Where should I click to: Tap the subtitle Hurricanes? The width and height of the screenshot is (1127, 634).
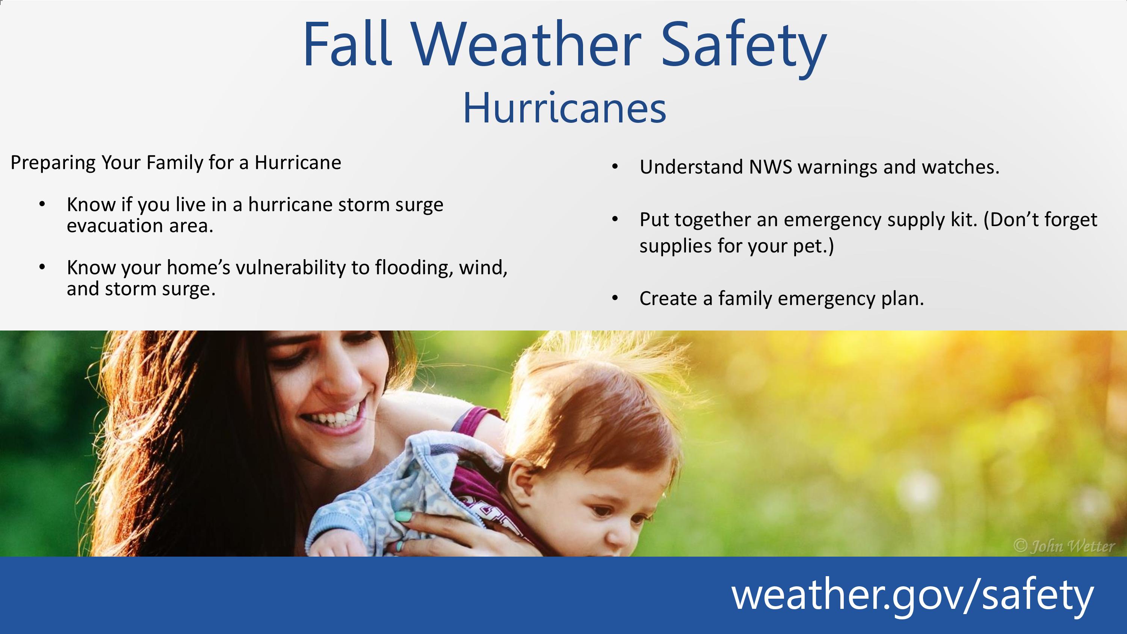[x=564, y=108]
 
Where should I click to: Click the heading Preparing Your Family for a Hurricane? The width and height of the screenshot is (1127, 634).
[x=175, y=163]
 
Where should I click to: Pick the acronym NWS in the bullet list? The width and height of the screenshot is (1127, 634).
[x=770, y=167]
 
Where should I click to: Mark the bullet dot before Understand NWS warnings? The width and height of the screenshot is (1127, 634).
[x=615, y=167]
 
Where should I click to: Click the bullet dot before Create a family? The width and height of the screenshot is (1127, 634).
[x=615, y=298]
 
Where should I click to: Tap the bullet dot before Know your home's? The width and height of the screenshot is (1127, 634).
[x=42, y=266]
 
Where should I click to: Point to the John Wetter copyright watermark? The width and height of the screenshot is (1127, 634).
[x=1064, y=546]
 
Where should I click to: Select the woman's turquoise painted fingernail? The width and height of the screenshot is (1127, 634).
[x=403, y=517]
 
